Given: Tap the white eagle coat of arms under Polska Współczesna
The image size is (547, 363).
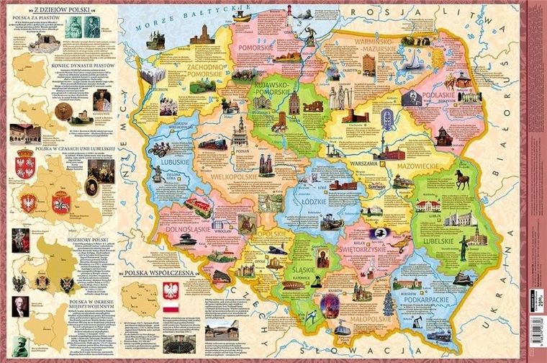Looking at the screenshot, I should coord(171,293).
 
